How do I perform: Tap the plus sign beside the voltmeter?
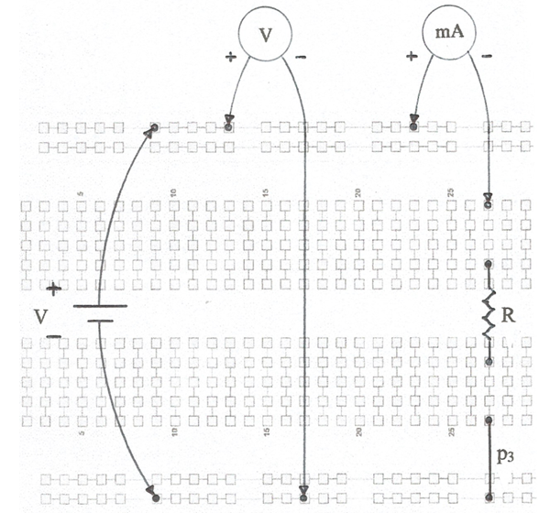[231, 57]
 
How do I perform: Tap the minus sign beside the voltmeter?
[301, 57]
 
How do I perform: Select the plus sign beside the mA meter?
[412, 56]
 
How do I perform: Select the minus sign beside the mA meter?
[487, 56]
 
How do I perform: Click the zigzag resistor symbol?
[488, 313]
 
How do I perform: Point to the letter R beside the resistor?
[509, 315]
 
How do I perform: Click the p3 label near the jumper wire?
[505, 455]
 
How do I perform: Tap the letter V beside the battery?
[40, 316]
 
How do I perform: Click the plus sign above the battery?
[54, 289]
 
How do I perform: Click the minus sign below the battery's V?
[53, 336]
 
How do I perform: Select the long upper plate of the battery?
[100, 305]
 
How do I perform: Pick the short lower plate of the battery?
[100, 321]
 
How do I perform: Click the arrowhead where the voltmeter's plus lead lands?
[229, 118]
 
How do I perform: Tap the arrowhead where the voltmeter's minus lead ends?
[303, 489]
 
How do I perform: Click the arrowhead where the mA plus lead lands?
[414, 119]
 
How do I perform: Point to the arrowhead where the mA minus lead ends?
[488, 197]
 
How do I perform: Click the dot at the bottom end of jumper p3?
[489, 497]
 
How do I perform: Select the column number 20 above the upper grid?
[358, 192]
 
